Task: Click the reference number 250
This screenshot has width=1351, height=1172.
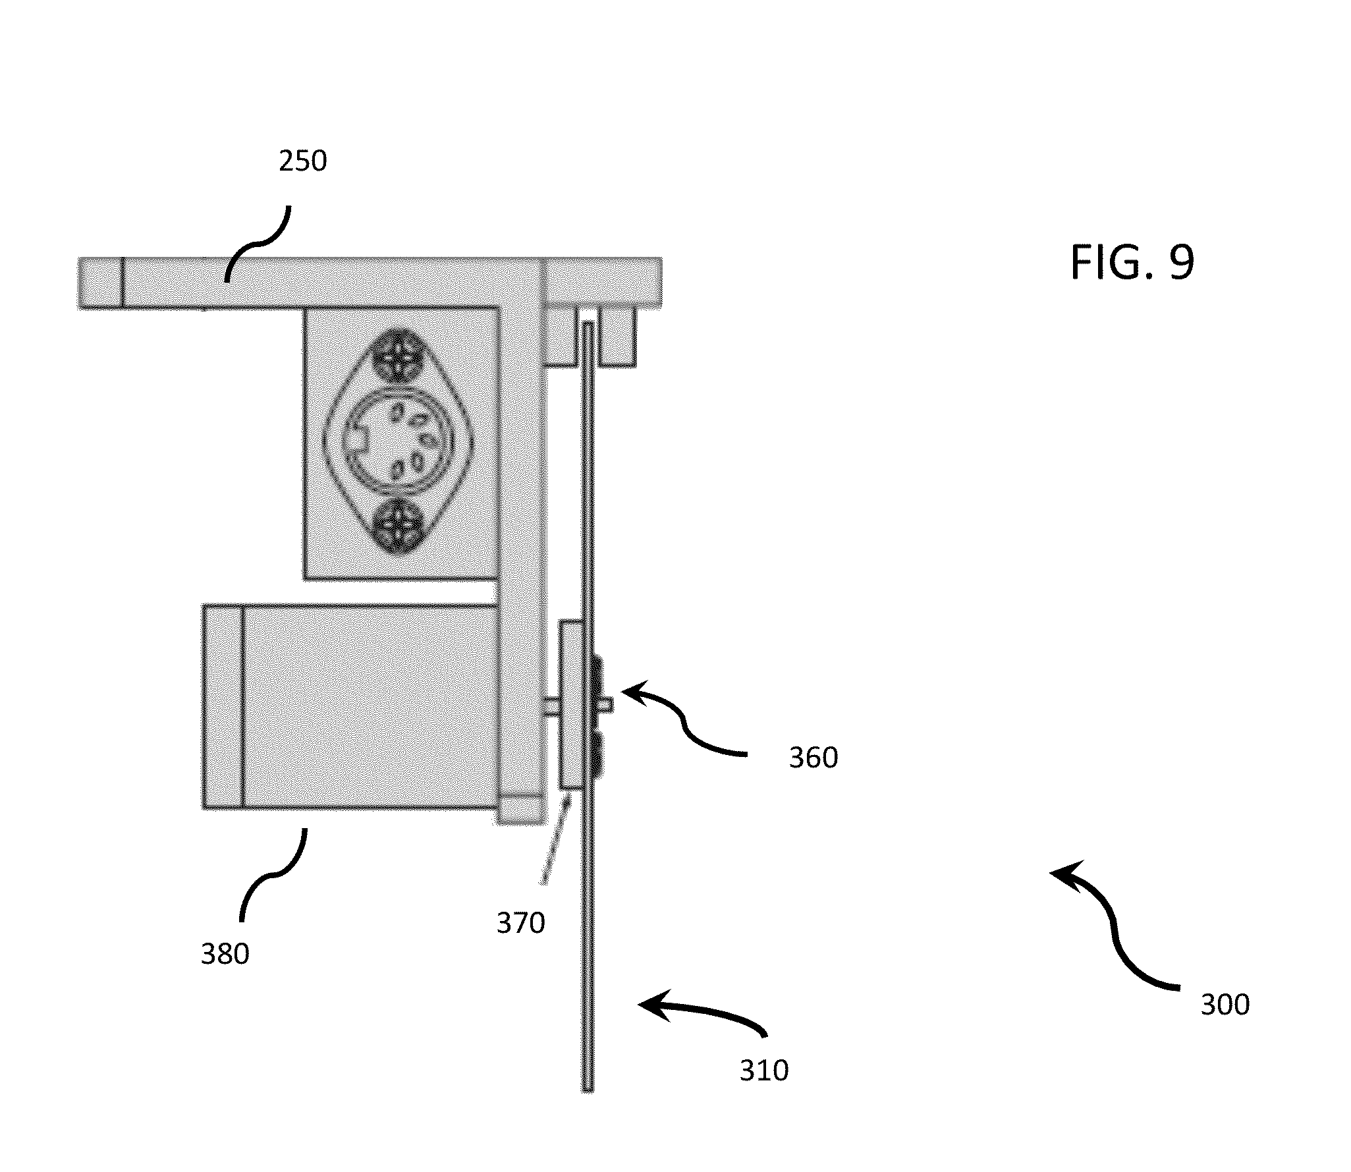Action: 302,161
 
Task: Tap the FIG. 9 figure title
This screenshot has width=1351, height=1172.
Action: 1132,262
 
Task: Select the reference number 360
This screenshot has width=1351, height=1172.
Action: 813,758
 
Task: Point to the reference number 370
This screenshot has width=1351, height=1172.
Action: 521,923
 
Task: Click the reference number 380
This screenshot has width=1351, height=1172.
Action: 225,954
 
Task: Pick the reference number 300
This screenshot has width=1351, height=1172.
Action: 1225,1005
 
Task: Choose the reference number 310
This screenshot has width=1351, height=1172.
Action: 764,1071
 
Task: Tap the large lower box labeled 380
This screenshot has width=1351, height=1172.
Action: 350,707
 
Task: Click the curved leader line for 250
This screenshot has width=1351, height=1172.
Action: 258,242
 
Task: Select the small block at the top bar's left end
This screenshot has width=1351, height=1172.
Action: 101,283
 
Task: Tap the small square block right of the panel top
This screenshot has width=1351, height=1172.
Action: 617,337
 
